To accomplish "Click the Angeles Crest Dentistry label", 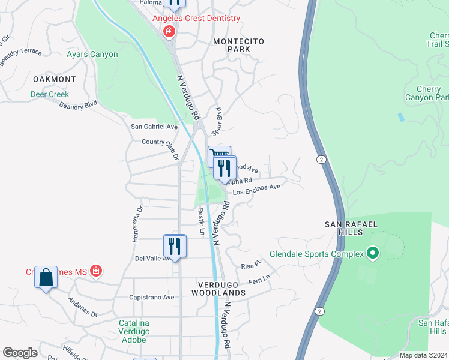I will click(x=196, y=18).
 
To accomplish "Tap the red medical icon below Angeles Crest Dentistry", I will click(x=169, y=31).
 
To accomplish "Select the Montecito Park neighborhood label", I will click(x=239, y=46).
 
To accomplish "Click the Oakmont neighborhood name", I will click(x=55, y=79).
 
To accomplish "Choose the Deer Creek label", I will click(x=50, y=94).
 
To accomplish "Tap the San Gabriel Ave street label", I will click(x=155, y=127).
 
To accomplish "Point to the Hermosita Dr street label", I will click(x=137, y=224).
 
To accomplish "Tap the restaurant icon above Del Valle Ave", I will click(x=175, y=246).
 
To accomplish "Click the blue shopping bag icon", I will click(x=46, y=277).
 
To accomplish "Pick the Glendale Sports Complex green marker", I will click(x=372, y=254).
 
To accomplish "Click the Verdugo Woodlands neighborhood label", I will click(x=218, y=288).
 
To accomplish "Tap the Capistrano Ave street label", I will click(x=152, y=297).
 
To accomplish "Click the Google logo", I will click(x=20, y=353).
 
